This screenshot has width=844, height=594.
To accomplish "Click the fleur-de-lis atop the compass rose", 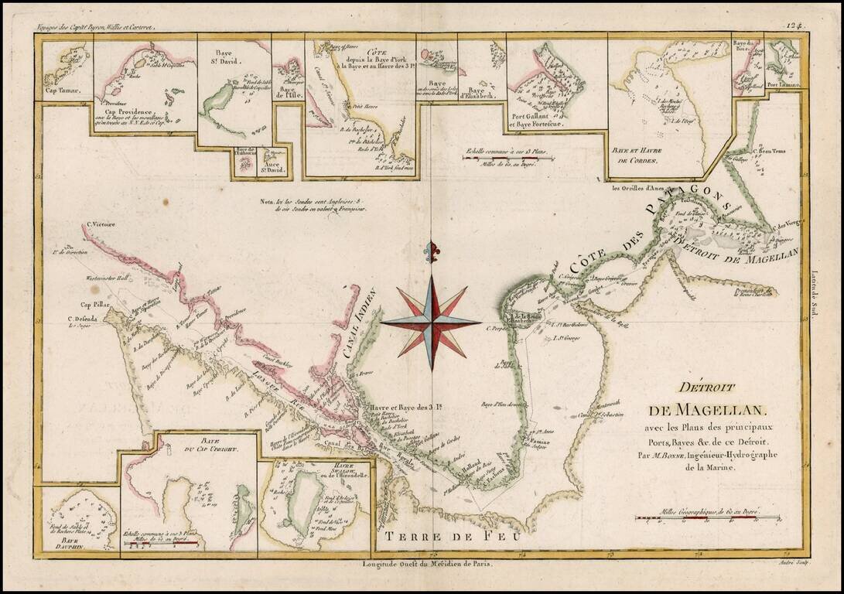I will point(431,252).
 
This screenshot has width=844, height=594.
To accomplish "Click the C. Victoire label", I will point(100,225).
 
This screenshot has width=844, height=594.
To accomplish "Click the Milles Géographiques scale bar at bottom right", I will point(707,519).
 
